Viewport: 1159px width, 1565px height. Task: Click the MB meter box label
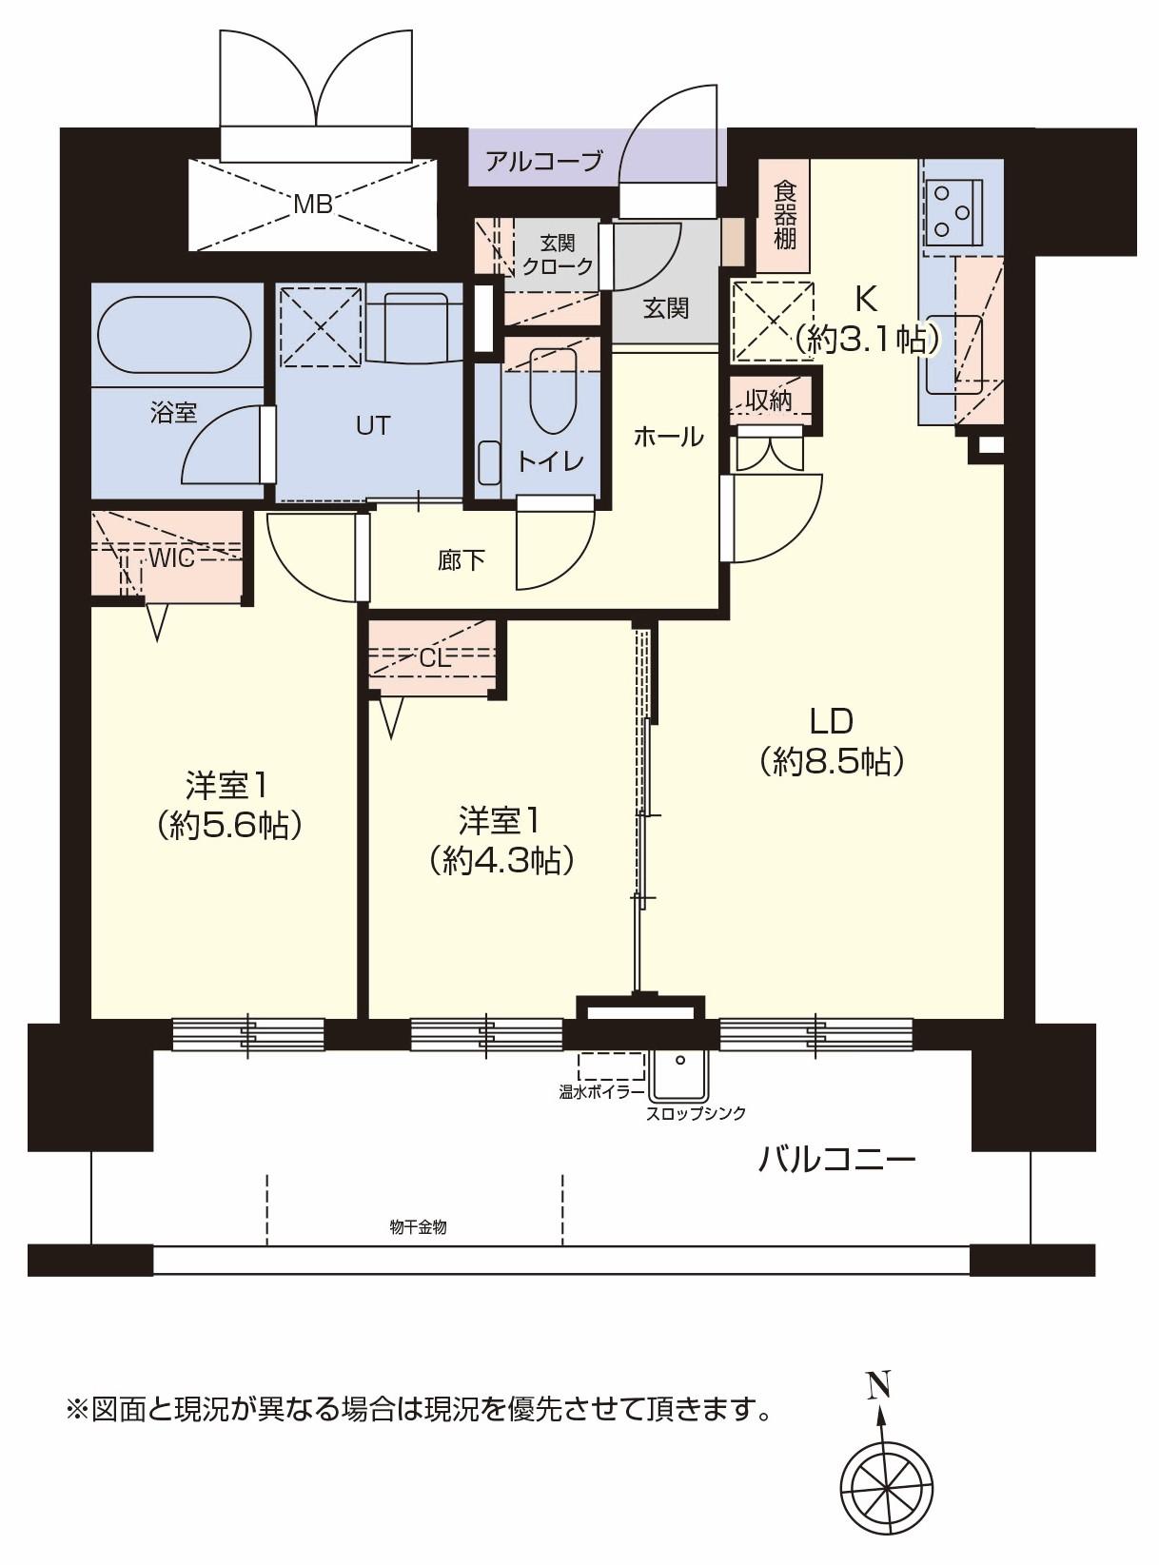(x=313, y=205)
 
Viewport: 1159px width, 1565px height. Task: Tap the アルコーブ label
(x=543, y=163)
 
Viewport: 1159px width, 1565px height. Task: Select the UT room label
(x=372, y=425)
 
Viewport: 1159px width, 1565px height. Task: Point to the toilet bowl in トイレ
(x=554, y=392)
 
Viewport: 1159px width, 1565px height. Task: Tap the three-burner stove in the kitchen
(x=954, y=210)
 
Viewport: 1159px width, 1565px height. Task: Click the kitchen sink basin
(x=954, y=354)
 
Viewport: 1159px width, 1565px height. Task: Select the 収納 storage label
(x=769, y=401)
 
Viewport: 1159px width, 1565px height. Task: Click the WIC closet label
(x=171, y=558)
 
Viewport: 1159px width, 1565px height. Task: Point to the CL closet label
(x=435, y=659)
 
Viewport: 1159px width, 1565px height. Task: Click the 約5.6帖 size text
(x=231, y=825)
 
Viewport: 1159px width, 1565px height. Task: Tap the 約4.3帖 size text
(x=501, y=860)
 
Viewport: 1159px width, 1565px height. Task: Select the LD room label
(x=832, y=721)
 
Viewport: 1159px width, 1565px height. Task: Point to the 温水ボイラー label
(x=600, y=1093)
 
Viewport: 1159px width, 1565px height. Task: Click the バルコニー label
(x=837, y=1160)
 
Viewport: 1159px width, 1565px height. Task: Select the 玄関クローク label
(x=557, y=255)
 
